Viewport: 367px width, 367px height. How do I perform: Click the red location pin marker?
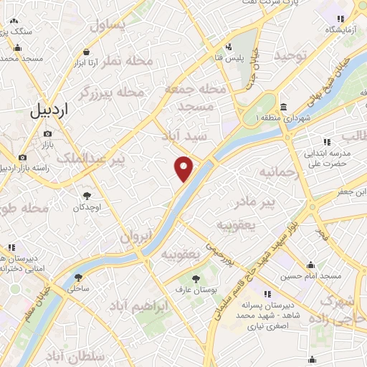coord(184,168)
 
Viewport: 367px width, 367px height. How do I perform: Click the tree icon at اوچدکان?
coord(87,194)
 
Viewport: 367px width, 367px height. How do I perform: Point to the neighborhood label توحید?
coord(294,54)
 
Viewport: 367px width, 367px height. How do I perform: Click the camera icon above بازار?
coord(47,133)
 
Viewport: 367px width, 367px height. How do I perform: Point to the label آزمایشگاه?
coord(340,29)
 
